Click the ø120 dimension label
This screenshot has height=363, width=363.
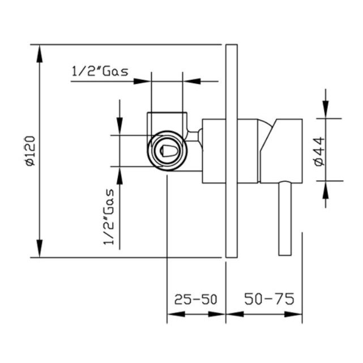(x=31, y=151)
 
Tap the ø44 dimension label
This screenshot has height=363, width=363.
(x=320, y=151)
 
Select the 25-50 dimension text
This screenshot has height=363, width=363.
(x=195, y=300)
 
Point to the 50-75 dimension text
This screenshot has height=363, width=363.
(x=269, y=298)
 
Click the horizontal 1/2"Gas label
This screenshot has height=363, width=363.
(x=100, y=71)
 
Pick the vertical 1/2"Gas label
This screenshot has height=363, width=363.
(x=109, y=217)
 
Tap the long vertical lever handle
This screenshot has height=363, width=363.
(x=285, y=218)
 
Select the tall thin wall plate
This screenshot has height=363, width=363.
(x=232, y=151)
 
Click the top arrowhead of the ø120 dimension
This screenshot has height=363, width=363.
(x=40, y=54)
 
